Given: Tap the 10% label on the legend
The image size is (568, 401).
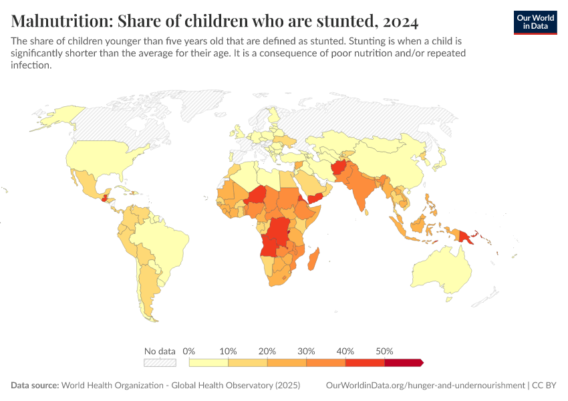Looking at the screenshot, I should (229, 351).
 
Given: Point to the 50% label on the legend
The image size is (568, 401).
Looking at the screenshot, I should (385, 351).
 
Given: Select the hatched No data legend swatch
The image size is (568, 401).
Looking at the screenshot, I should (160, 362).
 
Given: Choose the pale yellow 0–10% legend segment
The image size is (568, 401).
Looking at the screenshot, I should (209, 362).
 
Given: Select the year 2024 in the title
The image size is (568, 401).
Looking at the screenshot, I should (402, 20).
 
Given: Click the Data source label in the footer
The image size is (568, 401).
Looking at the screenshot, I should (35, 386).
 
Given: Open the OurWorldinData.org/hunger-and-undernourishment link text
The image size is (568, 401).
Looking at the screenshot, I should (425, 386).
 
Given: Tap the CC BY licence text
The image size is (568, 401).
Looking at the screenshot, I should (545, 386).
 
